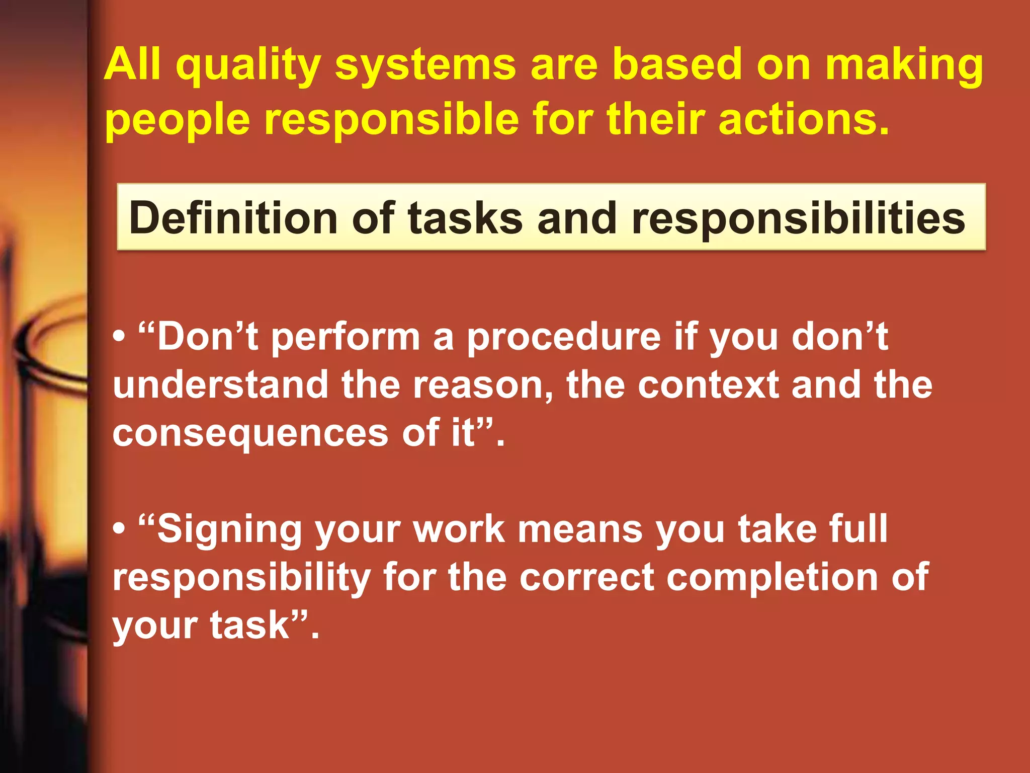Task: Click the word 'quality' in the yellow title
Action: coord(248,66)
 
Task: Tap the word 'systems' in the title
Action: coord(425,66)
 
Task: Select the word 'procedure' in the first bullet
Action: coord(564,337)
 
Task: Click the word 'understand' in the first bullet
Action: coord(220,385)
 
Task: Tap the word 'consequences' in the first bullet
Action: coord(250,433)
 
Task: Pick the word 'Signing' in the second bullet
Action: coord(229,529)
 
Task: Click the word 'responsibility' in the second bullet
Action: coord(241,577)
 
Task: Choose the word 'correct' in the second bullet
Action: coord(586,577)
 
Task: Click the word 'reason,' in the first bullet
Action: coord(483,385)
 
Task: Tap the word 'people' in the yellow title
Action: coord(177,119)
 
